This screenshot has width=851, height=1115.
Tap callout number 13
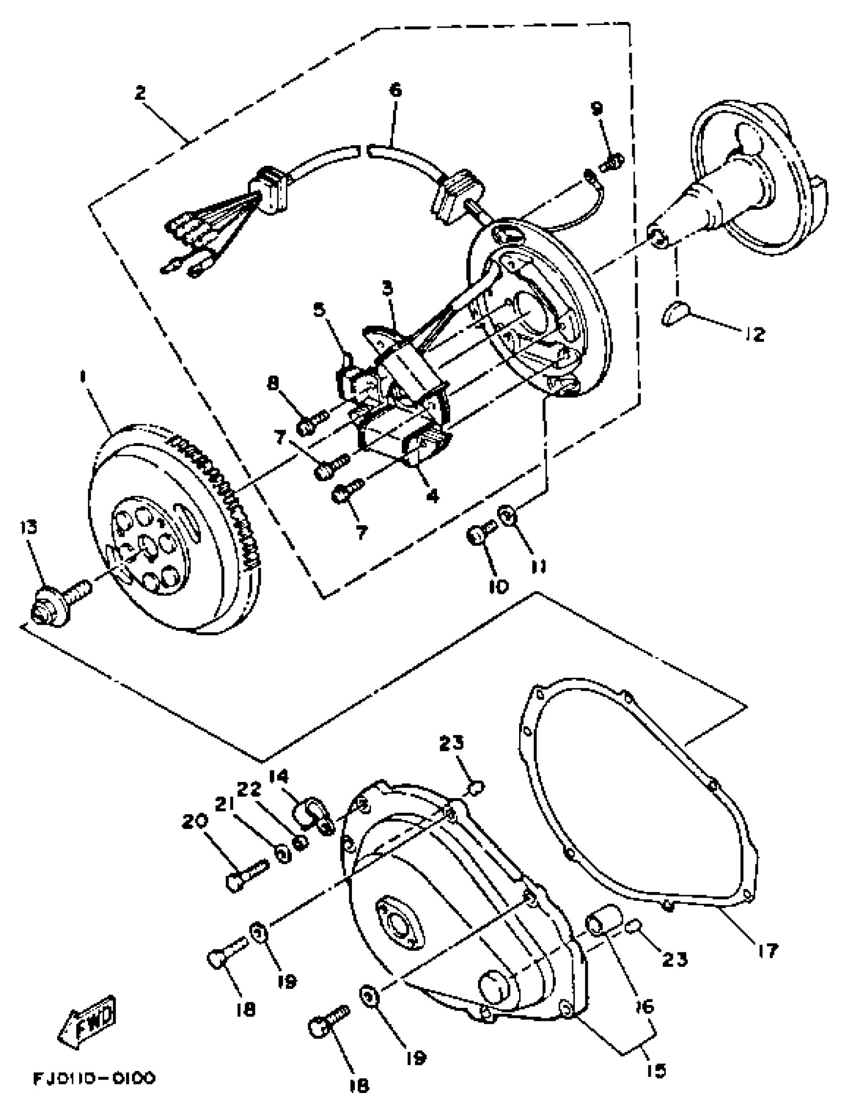pos(30,528)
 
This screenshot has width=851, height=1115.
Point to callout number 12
pos(755,334)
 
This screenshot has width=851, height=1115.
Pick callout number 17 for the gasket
pos(767,951)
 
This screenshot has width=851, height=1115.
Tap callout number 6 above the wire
pos(395,91)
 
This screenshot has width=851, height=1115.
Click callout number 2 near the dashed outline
pos(140,93)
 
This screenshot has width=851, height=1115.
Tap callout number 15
pos(656,1070)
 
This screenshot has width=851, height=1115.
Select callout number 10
pos(498,587)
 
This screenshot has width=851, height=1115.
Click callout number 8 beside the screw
pos(273,384)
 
